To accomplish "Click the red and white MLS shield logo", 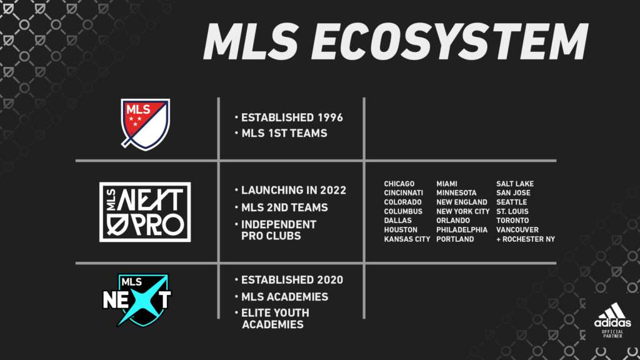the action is click(145, 124).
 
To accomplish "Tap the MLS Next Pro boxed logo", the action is click(145, 212).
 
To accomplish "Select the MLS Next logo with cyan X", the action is click(137, 300).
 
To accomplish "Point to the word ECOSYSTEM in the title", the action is click(452, 42).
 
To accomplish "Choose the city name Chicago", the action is click(399, 184).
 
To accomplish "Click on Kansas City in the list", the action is click(407, 239).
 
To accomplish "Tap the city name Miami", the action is click(446, 184).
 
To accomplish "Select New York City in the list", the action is click(463, 211).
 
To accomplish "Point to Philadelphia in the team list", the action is click(462, 230).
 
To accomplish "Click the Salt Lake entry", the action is click(515, 184).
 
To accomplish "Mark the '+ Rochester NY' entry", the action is click(526, 239).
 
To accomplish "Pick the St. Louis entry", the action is click(512, 211).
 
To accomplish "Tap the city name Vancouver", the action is click(517, 230).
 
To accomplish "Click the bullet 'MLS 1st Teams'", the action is click(281, 133).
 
